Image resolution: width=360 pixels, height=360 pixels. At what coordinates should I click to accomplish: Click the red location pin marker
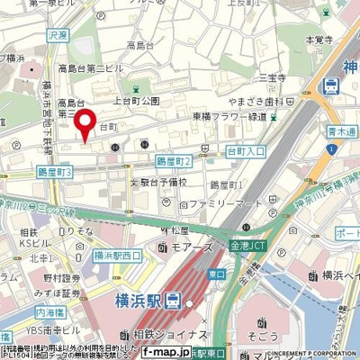click(x=85, y=123)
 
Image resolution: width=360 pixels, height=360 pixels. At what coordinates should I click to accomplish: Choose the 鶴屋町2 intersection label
click(x=174, y=161)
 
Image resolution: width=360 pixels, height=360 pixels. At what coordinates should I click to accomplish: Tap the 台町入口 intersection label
click(x=245, y=152)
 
